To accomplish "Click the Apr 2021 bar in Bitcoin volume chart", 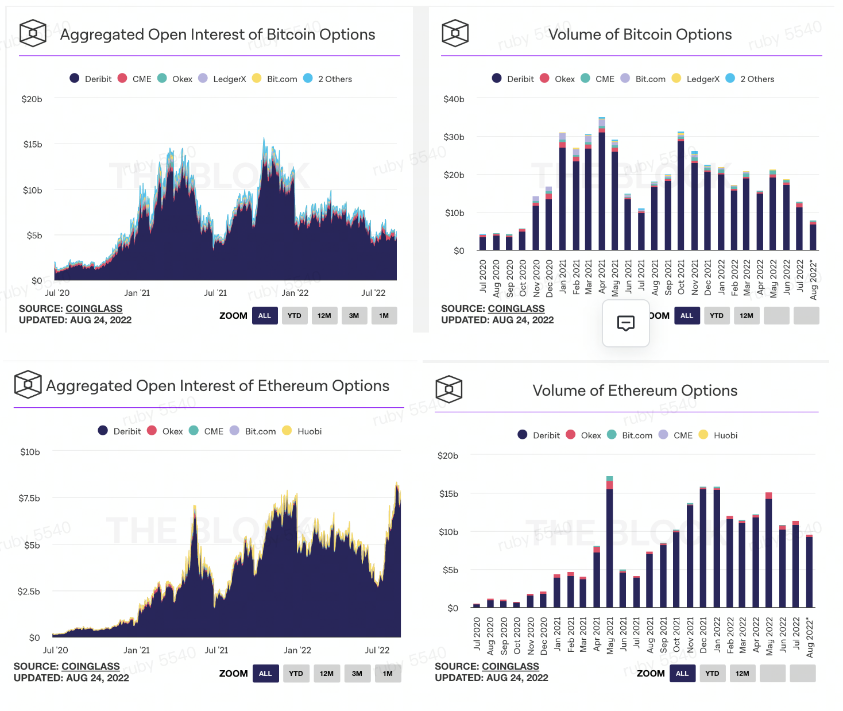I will tap(602, 190).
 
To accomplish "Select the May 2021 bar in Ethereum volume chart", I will tap(609, 546).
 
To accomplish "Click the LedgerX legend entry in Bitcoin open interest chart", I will tap(229, 79).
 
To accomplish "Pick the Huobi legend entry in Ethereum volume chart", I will tap(725, 435).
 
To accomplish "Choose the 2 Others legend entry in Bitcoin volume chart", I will tap(757, 79).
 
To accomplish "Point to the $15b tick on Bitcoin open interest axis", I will tap(33, 144).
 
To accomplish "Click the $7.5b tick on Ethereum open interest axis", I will tap(29, 498).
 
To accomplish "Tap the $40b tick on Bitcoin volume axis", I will tap(454, 99).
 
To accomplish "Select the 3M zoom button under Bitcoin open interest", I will tap(354, 316).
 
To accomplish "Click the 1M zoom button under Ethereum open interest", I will tap(388, 673).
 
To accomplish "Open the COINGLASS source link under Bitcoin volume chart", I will tap(516, 308).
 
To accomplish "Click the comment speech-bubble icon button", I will tap(625, 323).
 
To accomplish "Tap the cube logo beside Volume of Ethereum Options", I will tap(449, 389).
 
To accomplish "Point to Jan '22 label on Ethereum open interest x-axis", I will tap(297, 650).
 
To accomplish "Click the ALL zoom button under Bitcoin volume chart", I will tap(687, 316).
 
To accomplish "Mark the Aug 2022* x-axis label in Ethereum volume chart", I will tap(810, 637).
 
